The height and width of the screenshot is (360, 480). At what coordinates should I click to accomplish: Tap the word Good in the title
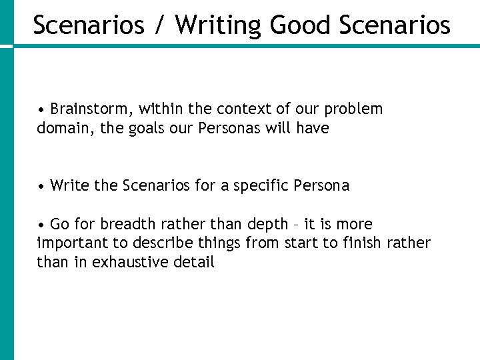click(301, 25)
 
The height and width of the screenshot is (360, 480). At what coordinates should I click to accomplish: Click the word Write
click(70, 185)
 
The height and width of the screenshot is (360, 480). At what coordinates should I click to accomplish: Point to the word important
click(70, 243)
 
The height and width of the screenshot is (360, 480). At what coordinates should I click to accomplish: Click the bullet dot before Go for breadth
click(41, 225)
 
